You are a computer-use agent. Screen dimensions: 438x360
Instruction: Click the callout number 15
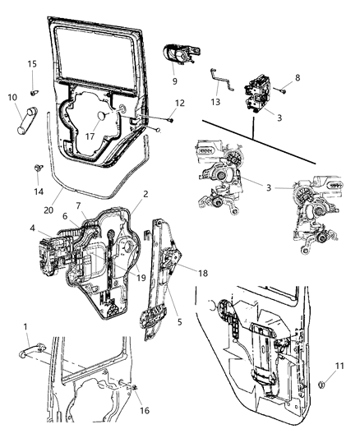pyautogui.click(x=32, y=64)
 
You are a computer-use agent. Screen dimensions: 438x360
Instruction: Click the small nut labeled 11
pyautogui.click(x=321, y=384)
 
